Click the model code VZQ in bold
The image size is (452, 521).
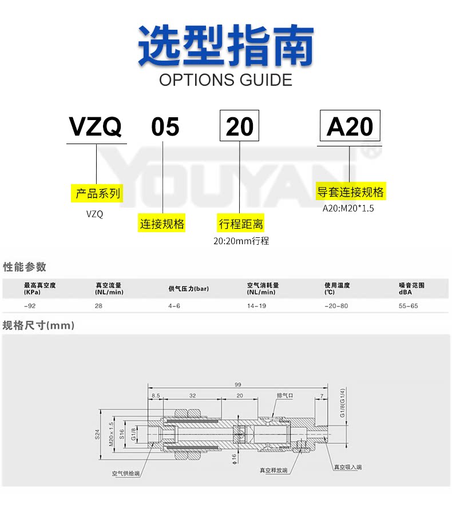(96, 126)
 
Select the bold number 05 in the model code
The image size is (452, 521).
(165, 126)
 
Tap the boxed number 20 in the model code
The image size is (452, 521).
(240, 126)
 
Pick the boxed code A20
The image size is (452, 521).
(350, 126)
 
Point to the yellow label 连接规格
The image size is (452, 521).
(162, 224)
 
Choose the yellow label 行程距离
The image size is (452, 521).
(241, 224)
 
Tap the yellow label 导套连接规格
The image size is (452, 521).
(351, 192)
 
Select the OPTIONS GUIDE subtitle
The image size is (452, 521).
(225, 79)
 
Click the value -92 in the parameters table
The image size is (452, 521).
(29, 306)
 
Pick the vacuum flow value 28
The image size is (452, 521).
(98, 306)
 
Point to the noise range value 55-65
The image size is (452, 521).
(409, 306)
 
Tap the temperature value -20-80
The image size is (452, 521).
(336, 306)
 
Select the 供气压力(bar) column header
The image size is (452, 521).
(188, 289)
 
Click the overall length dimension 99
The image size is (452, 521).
(237, 384)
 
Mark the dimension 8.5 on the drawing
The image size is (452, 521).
(156, 396)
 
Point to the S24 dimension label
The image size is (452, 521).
(97, 435)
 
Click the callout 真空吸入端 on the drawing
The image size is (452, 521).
(348, 467)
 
